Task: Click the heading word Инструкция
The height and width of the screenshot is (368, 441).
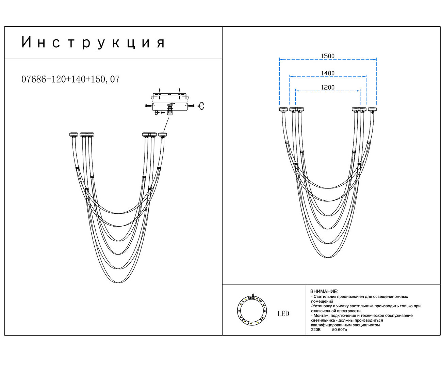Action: (x=93, y=43)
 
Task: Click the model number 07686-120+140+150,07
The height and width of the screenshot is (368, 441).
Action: (x=70, y=79)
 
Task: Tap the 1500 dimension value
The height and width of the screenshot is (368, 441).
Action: (x=328, y=56)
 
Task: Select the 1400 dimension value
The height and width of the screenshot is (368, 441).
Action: (x=328, y=73)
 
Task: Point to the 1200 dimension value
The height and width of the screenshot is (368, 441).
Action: (x=328, y=87)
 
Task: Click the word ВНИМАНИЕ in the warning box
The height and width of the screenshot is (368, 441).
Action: (x=324, y=292)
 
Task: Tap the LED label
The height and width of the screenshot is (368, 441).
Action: (x=283, y=313)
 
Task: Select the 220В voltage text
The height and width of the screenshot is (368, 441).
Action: (x=315, y=330)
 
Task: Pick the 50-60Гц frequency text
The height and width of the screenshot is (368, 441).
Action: (x=340, y=330)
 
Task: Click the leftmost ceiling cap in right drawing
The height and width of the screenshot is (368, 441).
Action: (x=283, y=109)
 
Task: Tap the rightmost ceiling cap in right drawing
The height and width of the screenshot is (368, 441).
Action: (x=373, y=109)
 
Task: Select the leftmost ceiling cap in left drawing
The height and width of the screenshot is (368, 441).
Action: (x=73, y=135)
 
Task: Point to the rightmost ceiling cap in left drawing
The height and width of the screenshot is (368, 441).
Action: (x=163, y=135)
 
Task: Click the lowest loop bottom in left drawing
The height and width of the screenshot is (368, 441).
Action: (x=118, y=282)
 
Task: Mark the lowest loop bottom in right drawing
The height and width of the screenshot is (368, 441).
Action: (x=328, y=257)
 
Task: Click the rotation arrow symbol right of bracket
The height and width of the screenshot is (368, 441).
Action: (x=201, y=106)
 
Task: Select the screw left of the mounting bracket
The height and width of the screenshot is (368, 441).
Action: (x=148, y=106)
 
